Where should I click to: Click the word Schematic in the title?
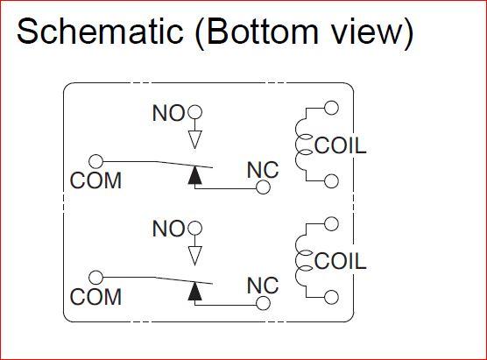pos(100,31)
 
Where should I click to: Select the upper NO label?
pos(168,113)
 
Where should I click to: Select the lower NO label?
pos(168,229)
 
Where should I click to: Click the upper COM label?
pos(95,180)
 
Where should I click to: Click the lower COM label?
pos(95,297)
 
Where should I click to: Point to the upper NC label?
pos(263,170)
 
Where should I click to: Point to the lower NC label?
pos(263,286)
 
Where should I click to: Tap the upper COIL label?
pos(341,145)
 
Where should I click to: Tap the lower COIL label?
pos(341,261)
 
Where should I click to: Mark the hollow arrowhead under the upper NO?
pos(195,140)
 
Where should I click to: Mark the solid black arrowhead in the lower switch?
pos(195,291)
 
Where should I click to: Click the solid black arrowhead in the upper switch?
pos(195,175)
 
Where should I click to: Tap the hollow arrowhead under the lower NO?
pos(195,256)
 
